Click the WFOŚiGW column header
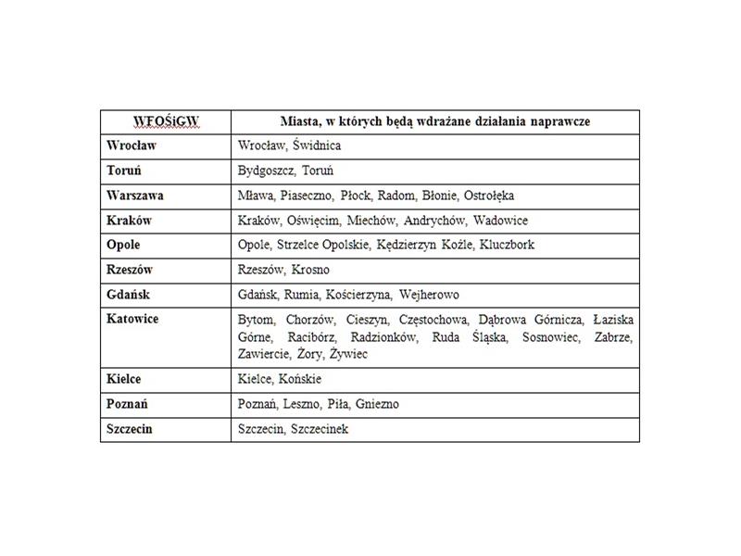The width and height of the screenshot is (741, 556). [166, 121]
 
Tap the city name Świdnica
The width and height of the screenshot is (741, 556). [317, 145]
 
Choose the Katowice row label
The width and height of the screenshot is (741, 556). [132, 319]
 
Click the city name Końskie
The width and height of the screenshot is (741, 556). [299, 380]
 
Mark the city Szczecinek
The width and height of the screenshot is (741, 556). [320, 429]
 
